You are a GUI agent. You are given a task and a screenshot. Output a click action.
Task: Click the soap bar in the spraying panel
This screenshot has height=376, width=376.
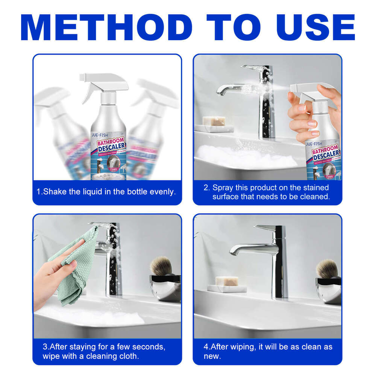click(x=214, y=121)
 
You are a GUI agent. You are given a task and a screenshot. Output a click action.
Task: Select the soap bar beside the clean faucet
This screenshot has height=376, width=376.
click(x=226, y=280)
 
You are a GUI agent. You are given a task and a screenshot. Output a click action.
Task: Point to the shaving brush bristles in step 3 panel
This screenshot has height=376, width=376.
click(x=161, y=266)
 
